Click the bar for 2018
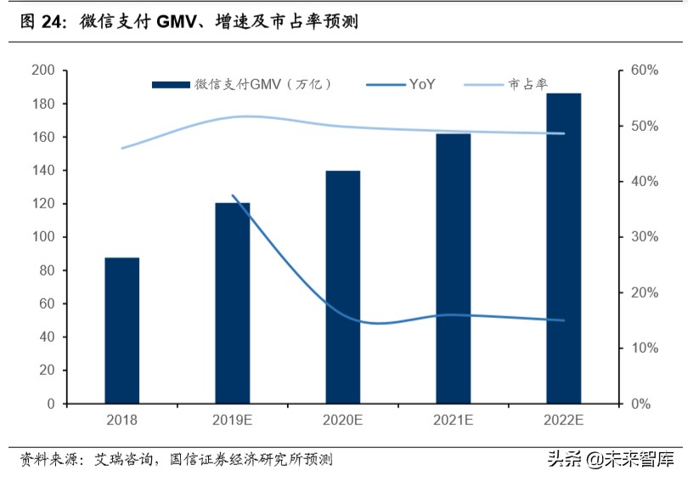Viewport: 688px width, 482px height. tap(121, 330)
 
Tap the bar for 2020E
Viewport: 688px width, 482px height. tap(342, 286)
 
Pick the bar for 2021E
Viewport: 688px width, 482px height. tap(453, 268)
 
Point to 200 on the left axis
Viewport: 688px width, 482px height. tap(42, 71)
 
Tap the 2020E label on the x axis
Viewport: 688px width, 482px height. tap(342, 421)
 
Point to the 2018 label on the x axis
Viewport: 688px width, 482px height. tap(121, 421)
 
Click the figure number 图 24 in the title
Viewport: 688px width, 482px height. tap(42, 23)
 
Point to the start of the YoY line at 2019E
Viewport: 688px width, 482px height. tap(232, 196)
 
